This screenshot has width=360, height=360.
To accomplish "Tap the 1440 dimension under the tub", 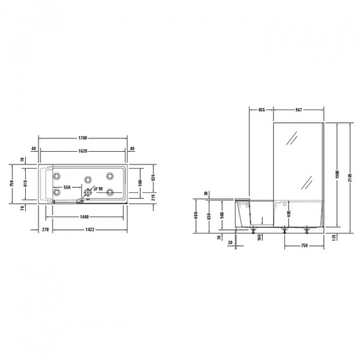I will coord(89,217).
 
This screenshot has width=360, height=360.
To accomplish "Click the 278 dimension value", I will coord(44,230).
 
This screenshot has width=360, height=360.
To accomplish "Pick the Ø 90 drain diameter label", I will coord(99,189).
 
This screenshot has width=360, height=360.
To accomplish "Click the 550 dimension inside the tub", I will coord(67,188).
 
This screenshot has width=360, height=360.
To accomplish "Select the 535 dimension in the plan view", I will coord(154,178).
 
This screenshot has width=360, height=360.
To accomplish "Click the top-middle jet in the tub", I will coord(88,178).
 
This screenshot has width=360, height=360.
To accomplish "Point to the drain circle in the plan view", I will coord(89,193).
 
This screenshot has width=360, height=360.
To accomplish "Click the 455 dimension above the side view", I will coord(262,110).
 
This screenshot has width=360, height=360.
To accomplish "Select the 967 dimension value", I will coord(298,110).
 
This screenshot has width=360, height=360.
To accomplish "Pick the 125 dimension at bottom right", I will coord(333,237).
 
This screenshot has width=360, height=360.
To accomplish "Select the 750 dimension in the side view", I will coord(304,245).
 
